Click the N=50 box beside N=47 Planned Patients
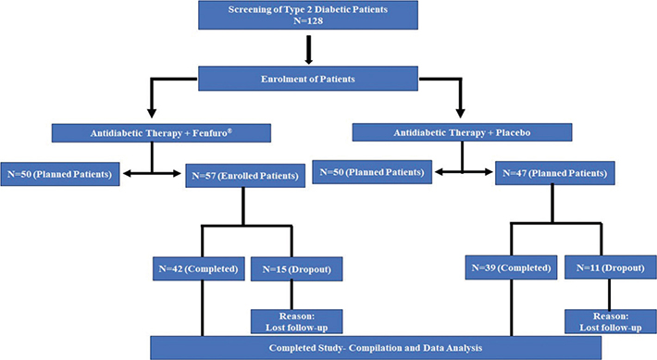(x=371, y=172)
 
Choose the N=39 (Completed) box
(x=509, y=270)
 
